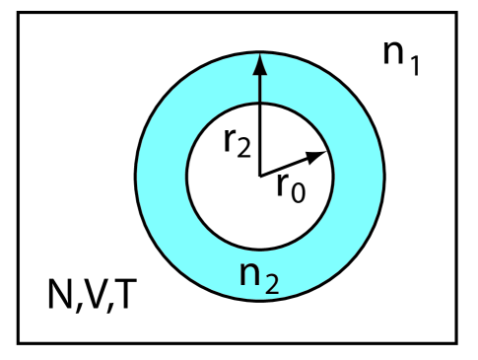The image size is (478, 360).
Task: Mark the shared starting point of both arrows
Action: pos(259,175)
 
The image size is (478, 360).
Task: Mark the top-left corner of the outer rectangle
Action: pos(19,13)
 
